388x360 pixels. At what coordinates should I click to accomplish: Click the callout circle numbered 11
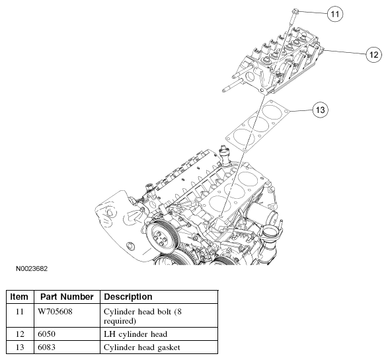coord(335,14)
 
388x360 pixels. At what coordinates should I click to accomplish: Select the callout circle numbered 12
coord(373,54)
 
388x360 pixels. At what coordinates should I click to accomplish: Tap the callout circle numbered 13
coord(321,110)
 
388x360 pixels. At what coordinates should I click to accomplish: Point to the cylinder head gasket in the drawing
coord(257,126)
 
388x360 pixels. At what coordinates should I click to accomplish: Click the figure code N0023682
coord(32,269)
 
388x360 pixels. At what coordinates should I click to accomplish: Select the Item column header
coord(19,297)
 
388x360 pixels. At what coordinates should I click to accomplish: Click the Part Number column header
coord(67,297)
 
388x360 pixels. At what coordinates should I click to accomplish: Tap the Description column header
coord(128,297)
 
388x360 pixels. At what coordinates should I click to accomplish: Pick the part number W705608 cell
coord(55,312)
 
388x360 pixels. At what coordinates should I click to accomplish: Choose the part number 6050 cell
coord(46,334)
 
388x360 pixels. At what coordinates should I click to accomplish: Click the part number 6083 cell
coord(46,347)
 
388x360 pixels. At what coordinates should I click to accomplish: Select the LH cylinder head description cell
coord(136,334)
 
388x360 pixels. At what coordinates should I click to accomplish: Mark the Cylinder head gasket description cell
coord(142,347)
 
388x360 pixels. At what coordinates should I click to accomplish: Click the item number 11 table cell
coord(20,312)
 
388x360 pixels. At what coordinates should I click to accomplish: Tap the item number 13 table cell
coord(20,347)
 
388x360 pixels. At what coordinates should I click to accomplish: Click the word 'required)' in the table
coord(120,321)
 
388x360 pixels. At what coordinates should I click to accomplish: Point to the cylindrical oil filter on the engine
coord(265,213)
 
